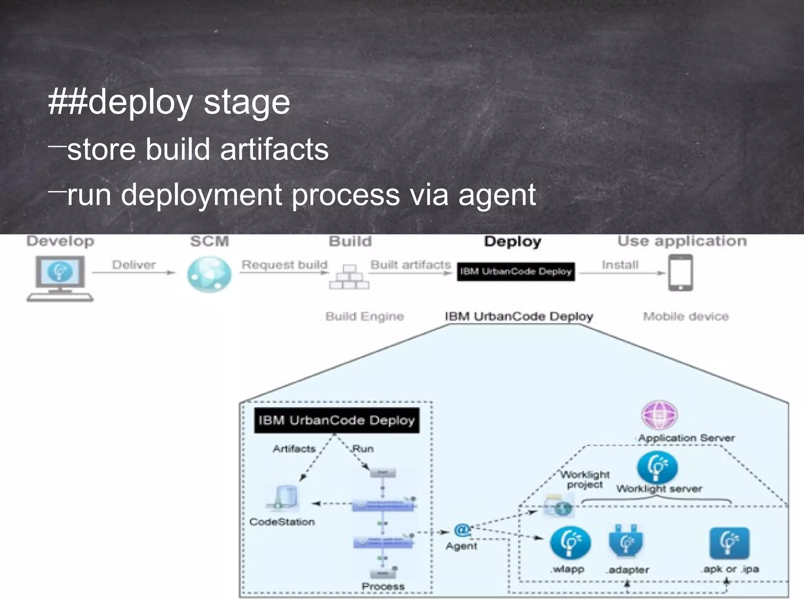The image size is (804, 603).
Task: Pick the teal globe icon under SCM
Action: point(209,274)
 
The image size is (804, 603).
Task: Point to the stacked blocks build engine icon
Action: point(349,277)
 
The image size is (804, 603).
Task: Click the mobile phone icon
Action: point(681,273)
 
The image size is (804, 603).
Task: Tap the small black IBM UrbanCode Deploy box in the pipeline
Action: point(515,272)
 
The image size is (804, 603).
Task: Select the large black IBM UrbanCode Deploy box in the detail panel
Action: point(336,420)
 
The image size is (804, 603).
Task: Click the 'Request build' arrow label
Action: point(284,265)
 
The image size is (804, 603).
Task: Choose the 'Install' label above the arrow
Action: point(620,265)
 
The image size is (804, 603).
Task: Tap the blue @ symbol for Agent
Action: point(462,530)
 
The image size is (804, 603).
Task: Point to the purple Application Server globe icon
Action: point(660,415)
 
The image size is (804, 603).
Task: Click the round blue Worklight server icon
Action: point(657,467)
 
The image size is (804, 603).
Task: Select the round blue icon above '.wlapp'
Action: point(570,543)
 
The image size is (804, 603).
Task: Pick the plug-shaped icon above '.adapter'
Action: point(626,543)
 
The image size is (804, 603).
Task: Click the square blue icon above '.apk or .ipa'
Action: point(729,543)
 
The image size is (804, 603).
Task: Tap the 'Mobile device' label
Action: point(685,316)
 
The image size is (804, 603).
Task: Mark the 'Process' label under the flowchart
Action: point(383,587)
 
